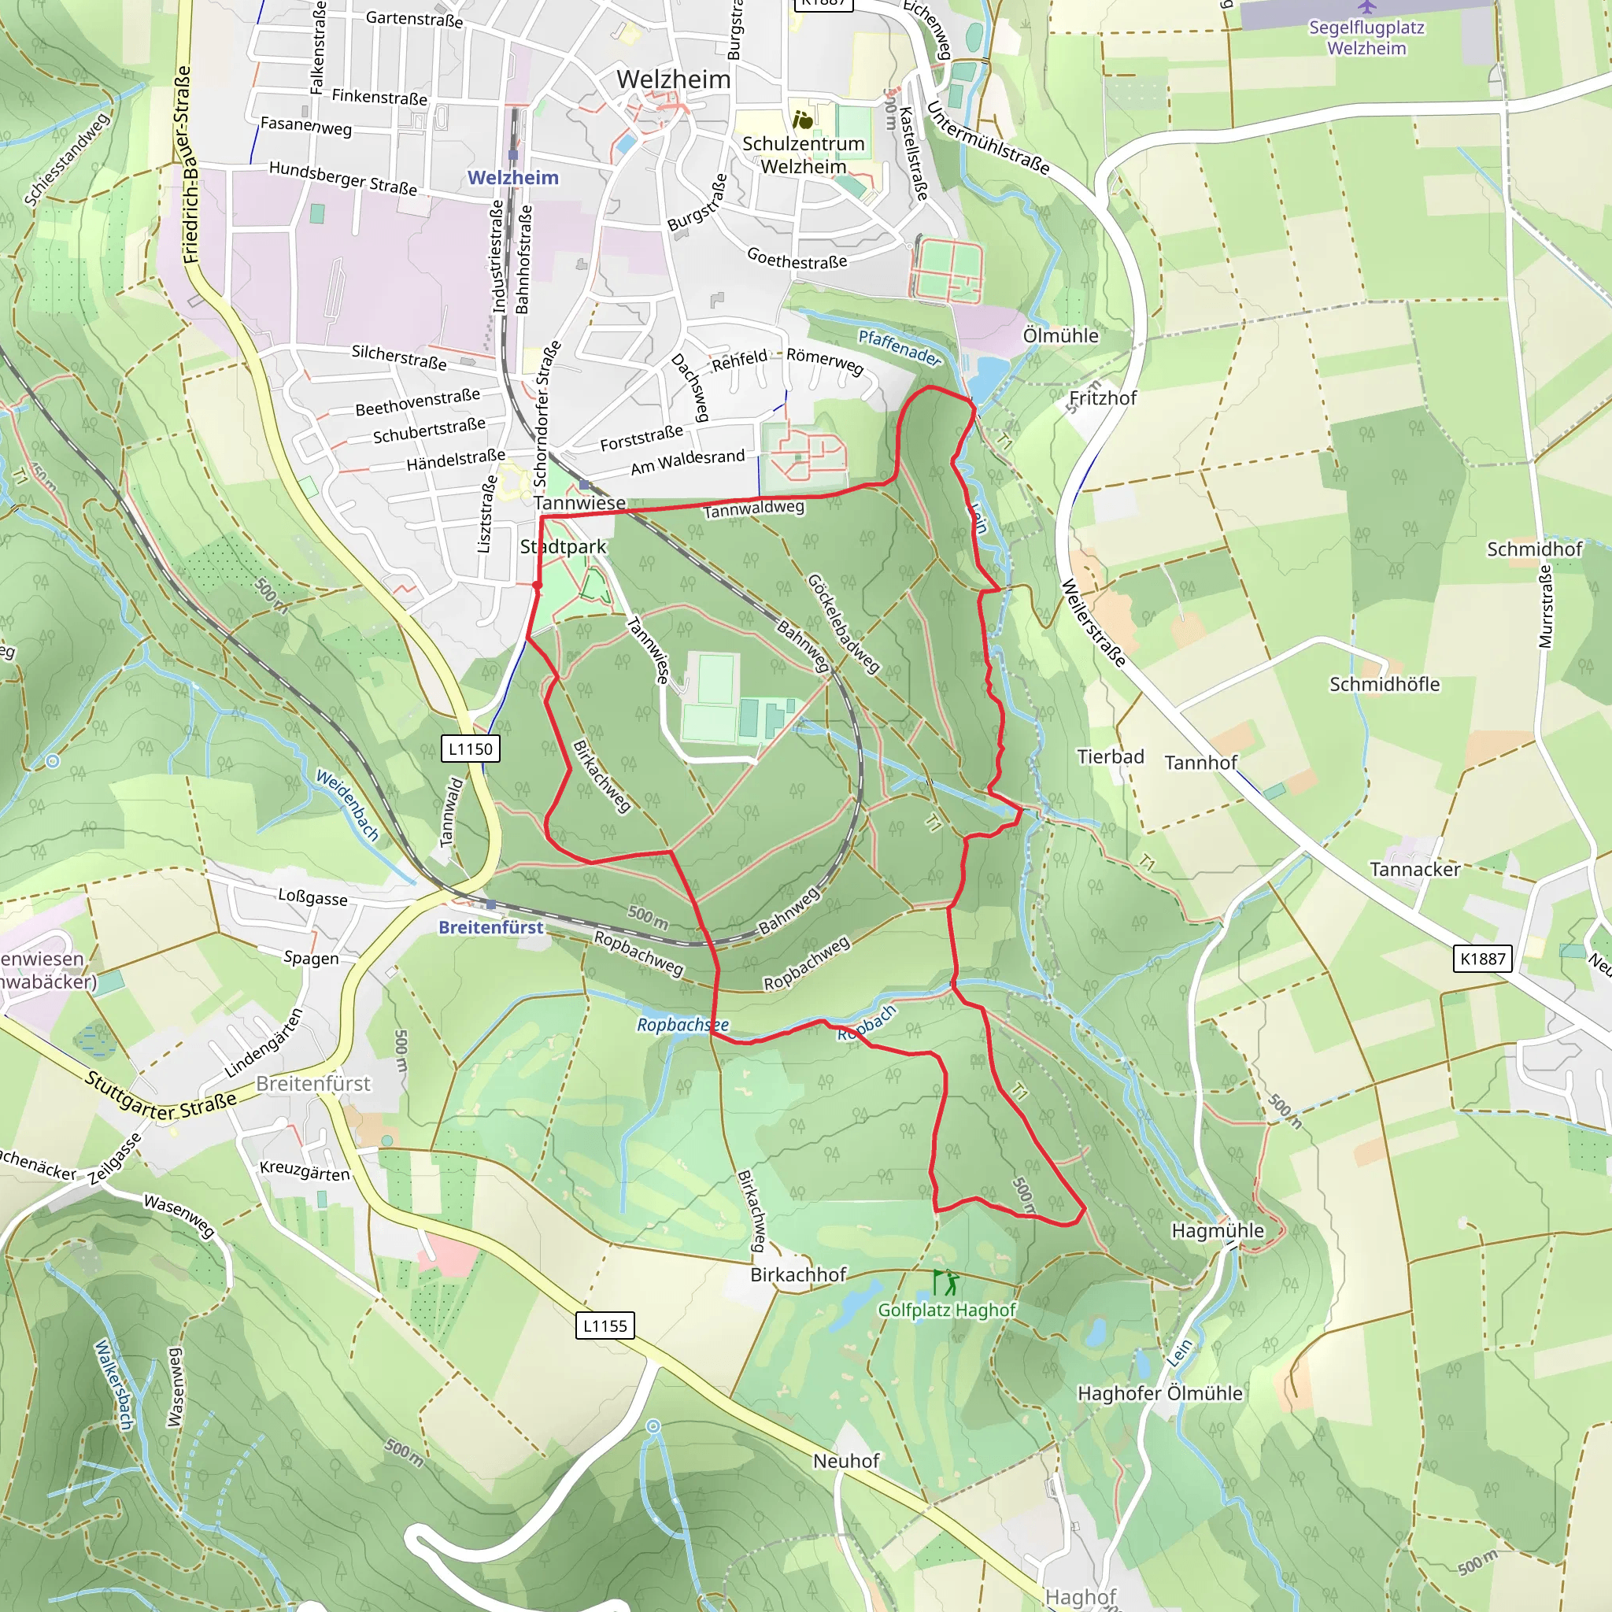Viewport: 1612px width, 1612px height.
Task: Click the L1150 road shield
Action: (x=471, y=749)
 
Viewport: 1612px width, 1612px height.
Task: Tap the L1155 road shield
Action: (x=605, y=1325)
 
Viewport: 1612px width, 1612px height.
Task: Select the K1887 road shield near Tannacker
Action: (x=1482, y=959)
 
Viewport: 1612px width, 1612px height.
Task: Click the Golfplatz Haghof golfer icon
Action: (x=945, y=1282)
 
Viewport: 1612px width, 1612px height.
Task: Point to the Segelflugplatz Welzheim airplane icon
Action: (x=1366, y=8)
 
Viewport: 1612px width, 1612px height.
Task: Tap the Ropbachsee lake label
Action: (x=682, y=1025)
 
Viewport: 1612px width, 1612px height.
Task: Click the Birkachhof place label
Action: (x=797, y=1274)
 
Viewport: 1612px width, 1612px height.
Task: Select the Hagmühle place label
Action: (x=1218, y=1230)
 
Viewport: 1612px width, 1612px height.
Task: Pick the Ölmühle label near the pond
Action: (x=1060, y=335)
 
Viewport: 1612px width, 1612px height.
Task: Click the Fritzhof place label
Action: (x=1103, y=398)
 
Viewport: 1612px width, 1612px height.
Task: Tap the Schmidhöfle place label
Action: (x=1385, y=684)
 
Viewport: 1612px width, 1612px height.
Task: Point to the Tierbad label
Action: (x=1110, y=756)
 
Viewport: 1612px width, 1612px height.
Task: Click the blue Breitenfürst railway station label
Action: (x=490, y=927)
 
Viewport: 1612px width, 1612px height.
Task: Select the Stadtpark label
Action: (x=564, y=546)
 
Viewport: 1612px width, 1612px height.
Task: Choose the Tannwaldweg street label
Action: (x=753, y=508)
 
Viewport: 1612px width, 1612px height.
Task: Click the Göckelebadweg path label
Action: (x=843, y=623)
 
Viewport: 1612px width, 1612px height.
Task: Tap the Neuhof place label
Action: (x=846, y=1461)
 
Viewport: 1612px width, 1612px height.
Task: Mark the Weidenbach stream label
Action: (x=347, y=805)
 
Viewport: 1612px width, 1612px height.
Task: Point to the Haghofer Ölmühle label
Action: (x=1159, y=1393)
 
